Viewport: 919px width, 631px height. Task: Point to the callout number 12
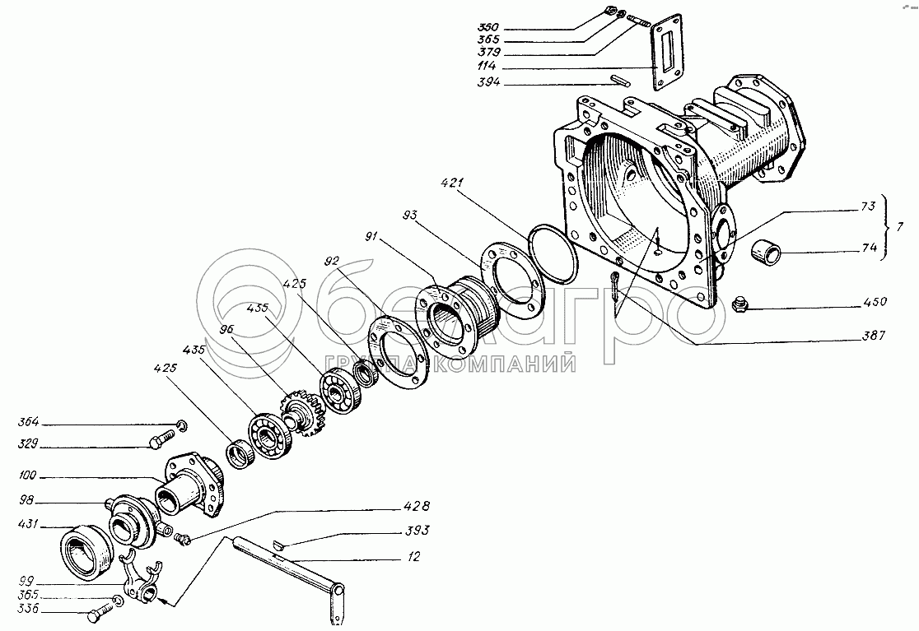coord(413,559)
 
